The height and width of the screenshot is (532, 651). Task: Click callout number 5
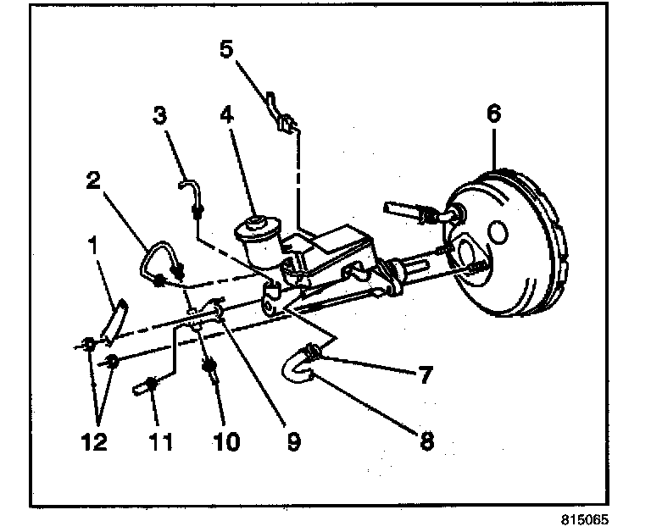[x=226, y=48]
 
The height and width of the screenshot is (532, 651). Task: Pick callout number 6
[x=494, y=112]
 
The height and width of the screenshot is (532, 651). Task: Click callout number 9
[x=292, y=441]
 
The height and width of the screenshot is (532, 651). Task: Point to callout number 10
[x=226, y=441]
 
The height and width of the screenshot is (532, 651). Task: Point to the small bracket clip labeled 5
[x=281, y=114]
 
